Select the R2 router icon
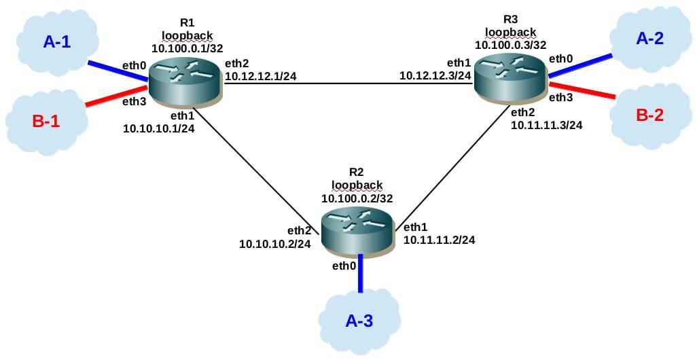pos(357,230)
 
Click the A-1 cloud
pos(56,42)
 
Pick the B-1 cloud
pos(46,122)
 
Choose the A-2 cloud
pos(649,39)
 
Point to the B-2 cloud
pos(649,115)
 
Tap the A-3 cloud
pos(359,321)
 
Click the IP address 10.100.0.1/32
pos(187,49)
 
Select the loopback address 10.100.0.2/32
pos(357,198)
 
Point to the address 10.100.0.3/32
pos(510,46)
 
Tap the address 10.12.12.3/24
pos(435,75)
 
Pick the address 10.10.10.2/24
pos(275,243)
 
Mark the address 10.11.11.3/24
pos(546,125)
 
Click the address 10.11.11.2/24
pos(439,240)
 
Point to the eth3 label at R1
pos(134,102)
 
